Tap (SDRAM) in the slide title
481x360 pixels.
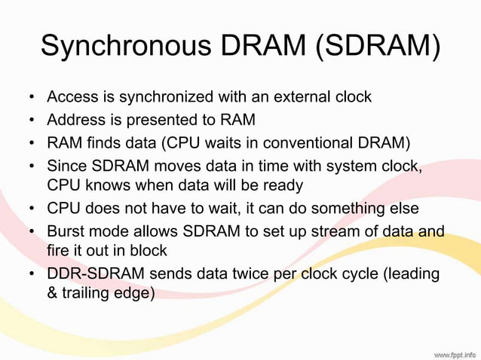377,46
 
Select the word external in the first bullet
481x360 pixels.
288,96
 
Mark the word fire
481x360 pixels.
59,251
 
